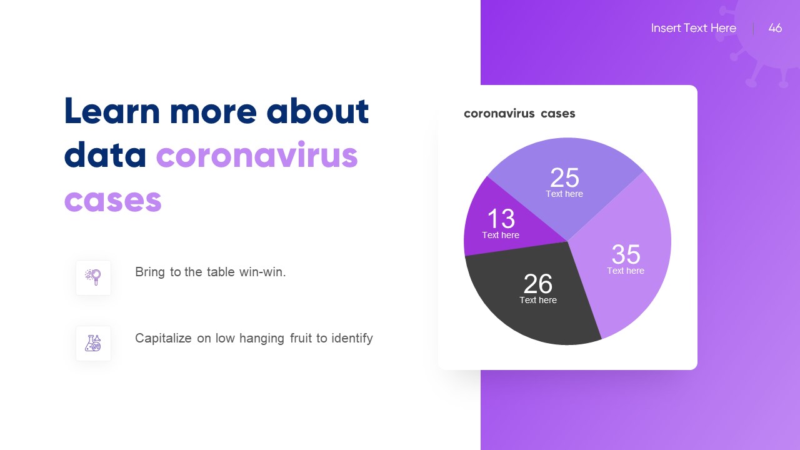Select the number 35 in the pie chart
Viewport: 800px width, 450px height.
(x=626, y=254)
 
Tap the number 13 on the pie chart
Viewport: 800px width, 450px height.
(x=501, y=219)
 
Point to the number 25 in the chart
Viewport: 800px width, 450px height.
(x=564, y=178)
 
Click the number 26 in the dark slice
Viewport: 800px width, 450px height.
(x=538, y=284)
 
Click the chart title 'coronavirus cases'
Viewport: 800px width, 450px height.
(x=519, y=113)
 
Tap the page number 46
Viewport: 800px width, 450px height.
(x=775, y=28)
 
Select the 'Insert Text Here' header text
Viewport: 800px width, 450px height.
(x=693, y=28)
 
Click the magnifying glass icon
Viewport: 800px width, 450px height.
(x=94, y=277)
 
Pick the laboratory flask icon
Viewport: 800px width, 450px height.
(x=94, y=343)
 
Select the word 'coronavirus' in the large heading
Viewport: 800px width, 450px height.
(x=257, y=156)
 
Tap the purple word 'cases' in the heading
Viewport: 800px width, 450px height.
(x=113, y=201)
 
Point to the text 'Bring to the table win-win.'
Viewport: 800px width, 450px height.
(x=211, y=272)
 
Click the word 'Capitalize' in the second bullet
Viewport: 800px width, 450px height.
(x=163, y=338)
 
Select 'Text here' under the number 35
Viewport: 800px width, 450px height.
(x=626, y=271)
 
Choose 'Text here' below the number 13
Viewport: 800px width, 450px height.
(x=501, y=235)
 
